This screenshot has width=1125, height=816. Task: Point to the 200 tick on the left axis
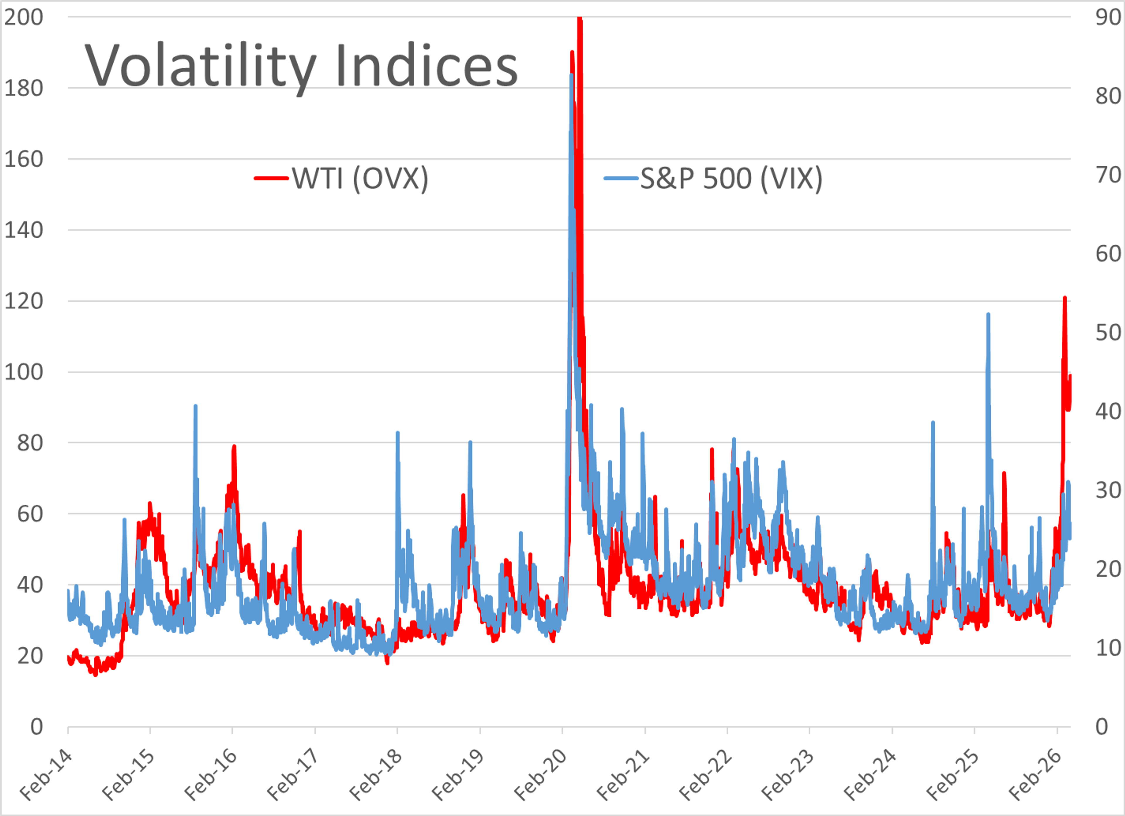[x=23, y=17]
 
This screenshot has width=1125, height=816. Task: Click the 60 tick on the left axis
[x=30, y=514]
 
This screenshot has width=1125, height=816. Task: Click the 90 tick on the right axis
[x=1108, y=17]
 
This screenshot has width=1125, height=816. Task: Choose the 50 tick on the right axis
[x=1108, y=333]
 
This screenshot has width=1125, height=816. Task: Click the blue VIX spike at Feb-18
[x=397, y=433]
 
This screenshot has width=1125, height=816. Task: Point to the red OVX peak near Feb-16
[x=233, y=447]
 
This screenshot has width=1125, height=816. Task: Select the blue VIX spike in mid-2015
[x=195, y=406]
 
